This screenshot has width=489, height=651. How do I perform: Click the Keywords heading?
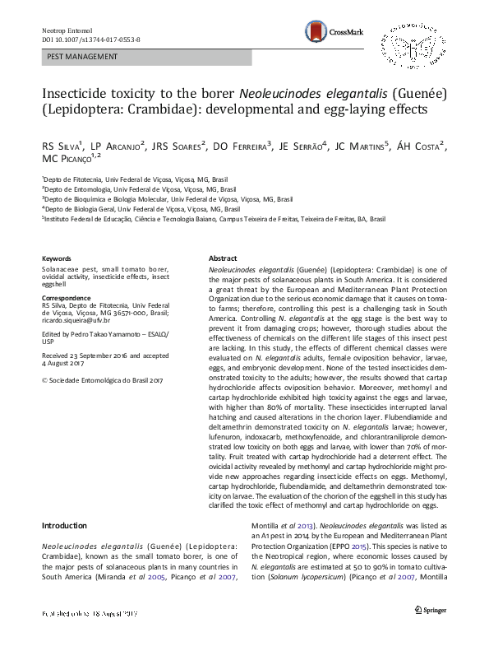click(56, 258)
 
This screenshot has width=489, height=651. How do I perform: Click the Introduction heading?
click(64, 526)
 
